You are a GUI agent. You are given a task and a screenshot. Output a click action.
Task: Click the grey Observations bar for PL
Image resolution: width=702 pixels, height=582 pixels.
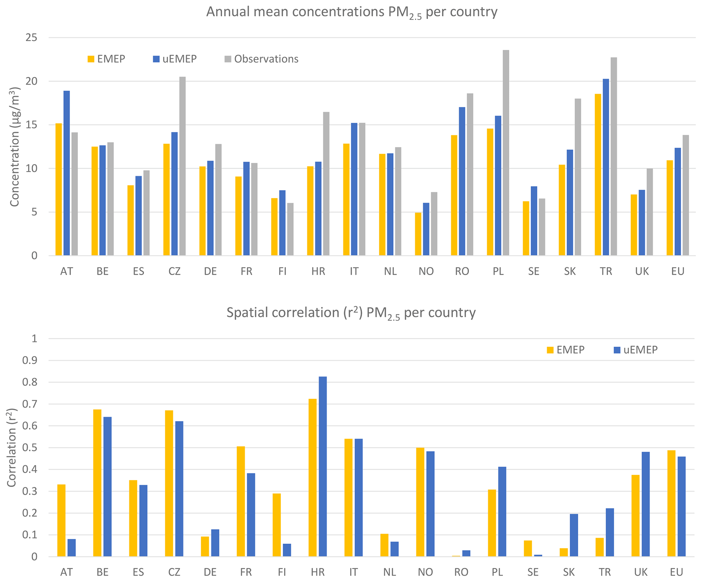506,153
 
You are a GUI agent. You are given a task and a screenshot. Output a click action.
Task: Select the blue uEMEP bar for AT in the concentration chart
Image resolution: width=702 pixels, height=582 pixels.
67,173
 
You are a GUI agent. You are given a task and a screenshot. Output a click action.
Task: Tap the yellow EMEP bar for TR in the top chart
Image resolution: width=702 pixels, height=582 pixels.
598,175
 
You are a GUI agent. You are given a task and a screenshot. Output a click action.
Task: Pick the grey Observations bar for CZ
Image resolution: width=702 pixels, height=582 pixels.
182,166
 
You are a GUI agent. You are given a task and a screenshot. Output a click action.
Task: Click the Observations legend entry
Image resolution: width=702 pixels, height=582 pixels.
262,59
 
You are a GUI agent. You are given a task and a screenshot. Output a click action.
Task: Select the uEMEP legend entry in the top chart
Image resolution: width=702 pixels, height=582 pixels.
175,59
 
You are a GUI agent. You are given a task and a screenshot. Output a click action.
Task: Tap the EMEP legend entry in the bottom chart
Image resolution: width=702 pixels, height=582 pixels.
566,350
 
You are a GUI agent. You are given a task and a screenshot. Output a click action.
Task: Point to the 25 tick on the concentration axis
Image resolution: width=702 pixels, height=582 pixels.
31,38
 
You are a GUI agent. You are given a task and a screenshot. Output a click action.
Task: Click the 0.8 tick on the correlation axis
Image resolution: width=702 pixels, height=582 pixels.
30,382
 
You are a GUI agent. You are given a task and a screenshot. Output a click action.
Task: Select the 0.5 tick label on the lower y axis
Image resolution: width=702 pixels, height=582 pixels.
30,448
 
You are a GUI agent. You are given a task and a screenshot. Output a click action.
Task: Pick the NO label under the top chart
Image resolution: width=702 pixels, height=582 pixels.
426,271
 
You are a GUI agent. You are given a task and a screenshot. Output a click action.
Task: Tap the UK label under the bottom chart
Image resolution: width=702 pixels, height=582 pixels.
641,572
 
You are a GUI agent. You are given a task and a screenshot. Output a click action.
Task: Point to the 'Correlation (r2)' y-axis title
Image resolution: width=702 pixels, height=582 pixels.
12,447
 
